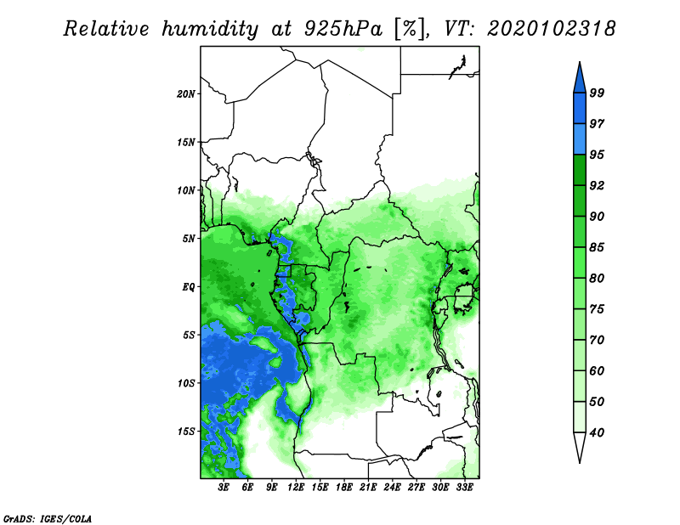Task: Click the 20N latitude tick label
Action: click(x=186, y=94)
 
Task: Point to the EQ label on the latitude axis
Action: click(x=189, y=287)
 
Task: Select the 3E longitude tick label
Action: click(x=224, y=488)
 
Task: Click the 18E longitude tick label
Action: click(x=344, y=488)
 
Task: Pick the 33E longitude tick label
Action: click(x=464, y=488)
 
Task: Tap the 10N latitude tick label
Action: click(x=186, y=190)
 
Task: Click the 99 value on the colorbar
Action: click(x=597, y=93)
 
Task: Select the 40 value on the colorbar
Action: click(x=597, y=432)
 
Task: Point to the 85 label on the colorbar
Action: click(x=597, y=247)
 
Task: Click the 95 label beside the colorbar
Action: click(x=597, y=155)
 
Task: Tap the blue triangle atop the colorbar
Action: click(x=580, y=80)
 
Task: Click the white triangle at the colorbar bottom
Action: click(x=580, y=445)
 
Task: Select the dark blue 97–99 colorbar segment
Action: click(x=580, y=109)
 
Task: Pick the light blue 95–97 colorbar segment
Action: click(x=580, y=139)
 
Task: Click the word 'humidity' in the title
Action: click(x=210, y=29)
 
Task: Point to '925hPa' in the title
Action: click(x=343, y=29)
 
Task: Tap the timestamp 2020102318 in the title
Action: click(x=551, y=29)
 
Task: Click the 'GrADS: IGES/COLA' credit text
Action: click(x=48, y=518)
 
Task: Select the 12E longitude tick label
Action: click(x=296, y=488)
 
